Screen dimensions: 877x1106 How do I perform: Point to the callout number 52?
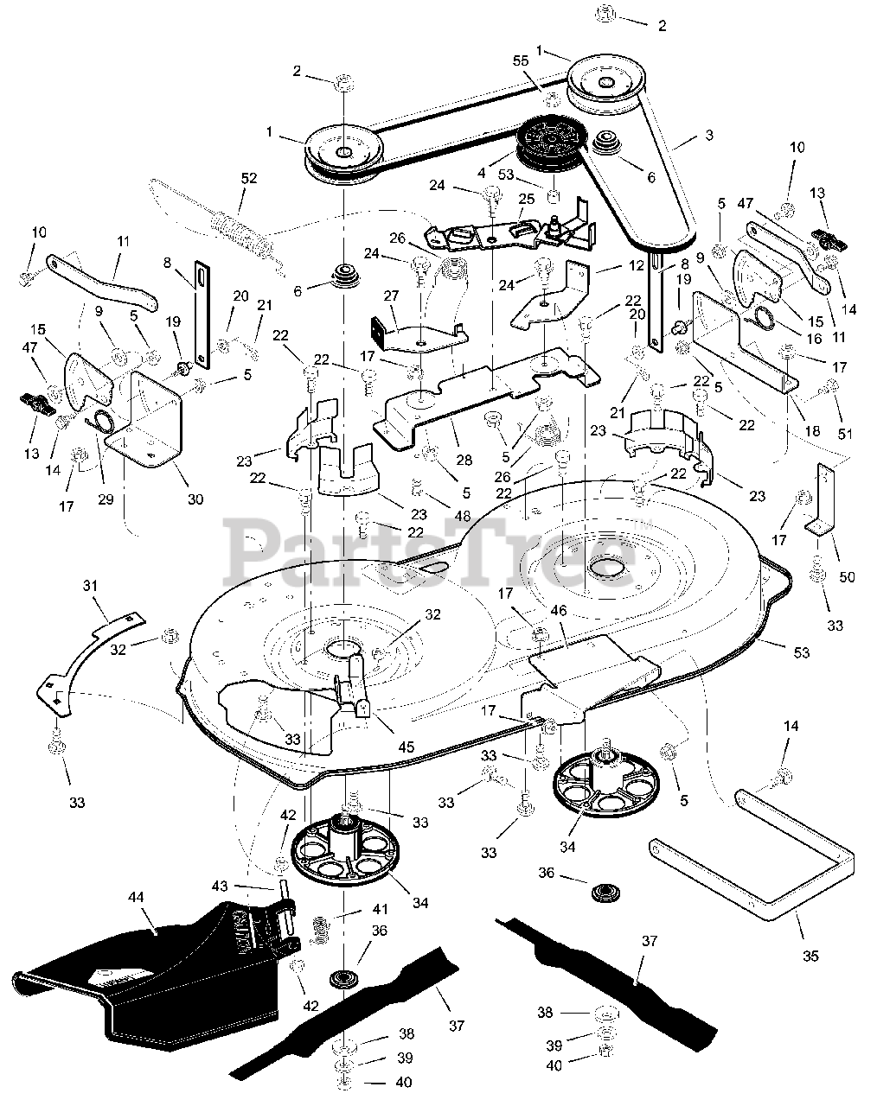pyautogui.click(x=249, y=178)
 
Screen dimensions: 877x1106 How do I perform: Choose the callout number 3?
pyautogui.click(x=709, y=135)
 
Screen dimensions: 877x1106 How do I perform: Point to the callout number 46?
pyautogui.click(x=558, y=611)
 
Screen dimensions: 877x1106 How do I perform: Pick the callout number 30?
pyautogui.click(x=195, y=499)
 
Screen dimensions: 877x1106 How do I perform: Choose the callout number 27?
pyautogui.click(x=391, y=295)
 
